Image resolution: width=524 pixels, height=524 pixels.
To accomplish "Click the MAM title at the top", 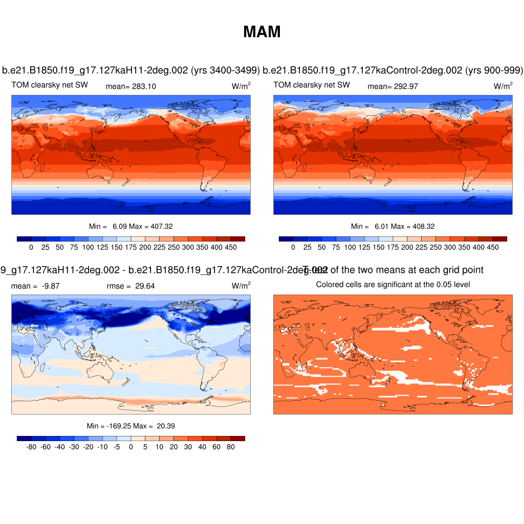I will (x=262, y=32).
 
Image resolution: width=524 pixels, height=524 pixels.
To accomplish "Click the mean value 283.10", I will (x=143, y=86).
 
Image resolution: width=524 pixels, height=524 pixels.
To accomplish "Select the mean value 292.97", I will (x=405, y=86).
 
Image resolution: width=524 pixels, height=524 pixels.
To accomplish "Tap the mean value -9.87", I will (x=50, y=286).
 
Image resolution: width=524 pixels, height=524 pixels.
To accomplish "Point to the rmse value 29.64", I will (x=145, y=286).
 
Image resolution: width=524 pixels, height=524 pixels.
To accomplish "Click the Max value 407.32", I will (x=154, y=226).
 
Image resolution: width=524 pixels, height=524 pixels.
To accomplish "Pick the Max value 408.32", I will (x=416, y=226).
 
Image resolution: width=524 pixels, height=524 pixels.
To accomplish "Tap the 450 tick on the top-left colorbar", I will (x=231, y=247).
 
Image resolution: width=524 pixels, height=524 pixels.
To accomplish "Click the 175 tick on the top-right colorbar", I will (x=393, y=247).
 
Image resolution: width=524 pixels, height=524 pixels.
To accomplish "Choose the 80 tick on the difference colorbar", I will (x=231, y=447).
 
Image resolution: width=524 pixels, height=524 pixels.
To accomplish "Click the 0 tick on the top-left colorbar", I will (x=31, y=247).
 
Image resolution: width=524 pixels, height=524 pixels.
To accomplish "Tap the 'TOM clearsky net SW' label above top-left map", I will (x=50, y=85).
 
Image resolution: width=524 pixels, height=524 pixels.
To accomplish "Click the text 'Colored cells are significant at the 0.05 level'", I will (x=393, y=285).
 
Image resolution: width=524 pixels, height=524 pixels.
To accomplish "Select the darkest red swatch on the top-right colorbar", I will (x=500, y=239).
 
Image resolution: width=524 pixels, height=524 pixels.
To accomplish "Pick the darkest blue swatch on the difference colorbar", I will (x=24, y=439).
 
